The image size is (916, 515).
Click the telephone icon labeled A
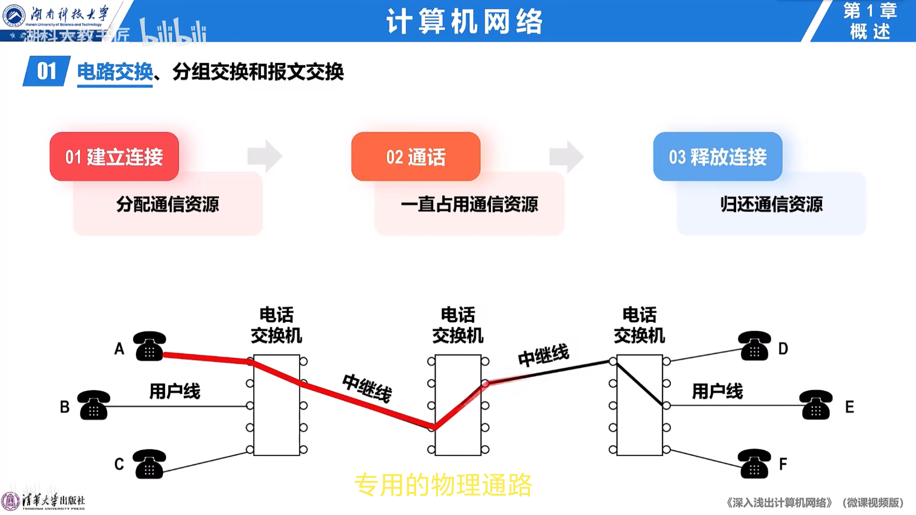(149, 346)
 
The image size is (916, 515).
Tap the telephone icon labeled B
(94, 405)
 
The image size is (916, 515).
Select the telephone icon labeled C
(149, 464)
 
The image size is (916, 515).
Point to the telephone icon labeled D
(754, 346)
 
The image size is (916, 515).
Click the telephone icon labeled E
(816, 405)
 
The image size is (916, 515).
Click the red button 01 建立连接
(114, 157)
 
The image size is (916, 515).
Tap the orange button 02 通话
(416, 157)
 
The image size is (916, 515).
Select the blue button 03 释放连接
(718, 157)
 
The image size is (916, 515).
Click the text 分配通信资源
(167, 204)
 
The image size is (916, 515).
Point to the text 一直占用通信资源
(469, 204)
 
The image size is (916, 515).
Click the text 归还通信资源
(771, 204)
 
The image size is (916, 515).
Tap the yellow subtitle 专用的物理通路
(443, 485)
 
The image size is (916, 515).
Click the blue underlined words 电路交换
(115, 72)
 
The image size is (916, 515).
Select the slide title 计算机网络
(465, 21)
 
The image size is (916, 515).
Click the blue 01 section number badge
(46, 71)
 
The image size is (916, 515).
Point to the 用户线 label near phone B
(174, 391)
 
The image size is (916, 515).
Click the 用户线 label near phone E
(717, 391)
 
